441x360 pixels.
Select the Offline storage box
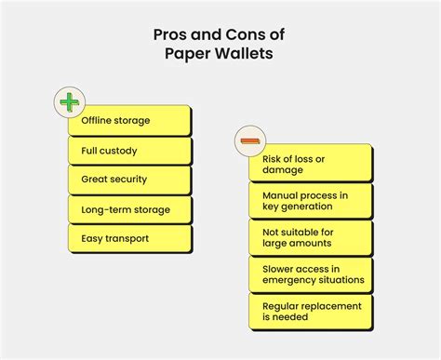[x=129, y=121]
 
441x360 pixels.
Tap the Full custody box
[x=129, y=150]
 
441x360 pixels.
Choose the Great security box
[x=129, y=180]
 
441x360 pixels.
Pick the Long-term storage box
[x=129, y=209]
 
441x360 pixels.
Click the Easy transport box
[x=129, y=239]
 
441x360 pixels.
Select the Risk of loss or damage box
[x=311, y=165]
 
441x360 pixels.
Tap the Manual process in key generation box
[x=311, y=200]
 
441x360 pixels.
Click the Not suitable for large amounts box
[x=311, y=236]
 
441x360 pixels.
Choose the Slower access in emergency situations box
[x=311, y=273]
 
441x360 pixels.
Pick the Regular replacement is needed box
[x=311, y=310]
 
